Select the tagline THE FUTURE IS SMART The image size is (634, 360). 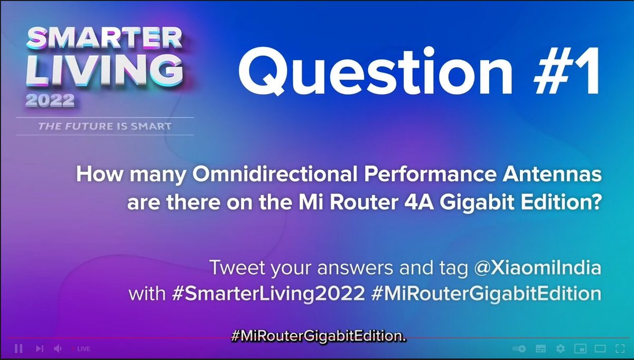pyautogui.click(x=105, y=126)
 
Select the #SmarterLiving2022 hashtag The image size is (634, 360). pyautogui.click(x=268, y=293)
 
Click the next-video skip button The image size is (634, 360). pyautogui.click(x=39, y=349)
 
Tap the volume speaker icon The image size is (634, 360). pyautogui.click(x=58, y=349)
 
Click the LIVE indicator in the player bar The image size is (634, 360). pyautogui.click(x=83, y=349)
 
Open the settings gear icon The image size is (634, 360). pyautogui.click(x=561, y=349)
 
